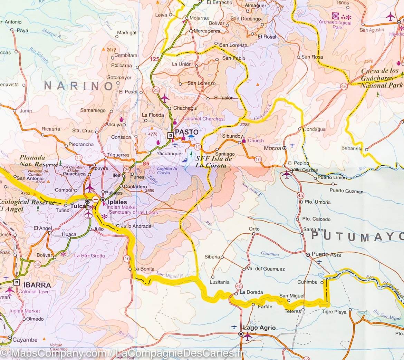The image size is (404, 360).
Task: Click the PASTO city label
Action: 187,132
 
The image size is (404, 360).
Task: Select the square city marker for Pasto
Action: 170,136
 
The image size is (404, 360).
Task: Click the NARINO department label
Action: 79,86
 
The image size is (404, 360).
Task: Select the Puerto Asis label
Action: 326,255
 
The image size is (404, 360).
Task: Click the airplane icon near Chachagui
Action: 165,98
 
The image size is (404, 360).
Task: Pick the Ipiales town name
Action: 117,202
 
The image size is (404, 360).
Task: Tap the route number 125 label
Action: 155,59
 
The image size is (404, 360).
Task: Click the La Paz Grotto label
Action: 89,256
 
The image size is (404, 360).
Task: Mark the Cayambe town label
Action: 25,340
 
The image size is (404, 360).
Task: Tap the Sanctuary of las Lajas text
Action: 133,212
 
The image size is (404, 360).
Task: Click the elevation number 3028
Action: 244,125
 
